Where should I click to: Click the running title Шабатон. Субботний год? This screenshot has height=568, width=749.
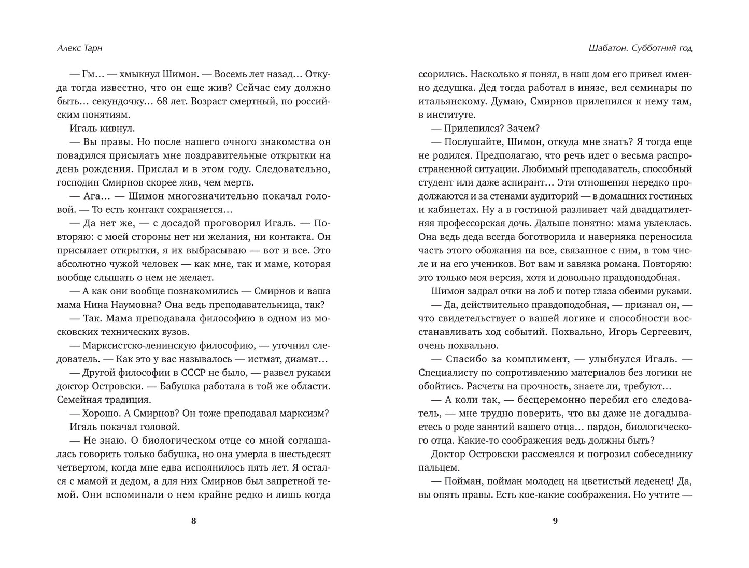tap(633, 48)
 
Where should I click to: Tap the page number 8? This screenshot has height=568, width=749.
tap(194, 521)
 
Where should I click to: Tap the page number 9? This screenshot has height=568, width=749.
tap(555, 521)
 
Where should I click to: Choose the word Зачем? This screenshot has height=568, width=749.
tap(526, 129)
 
